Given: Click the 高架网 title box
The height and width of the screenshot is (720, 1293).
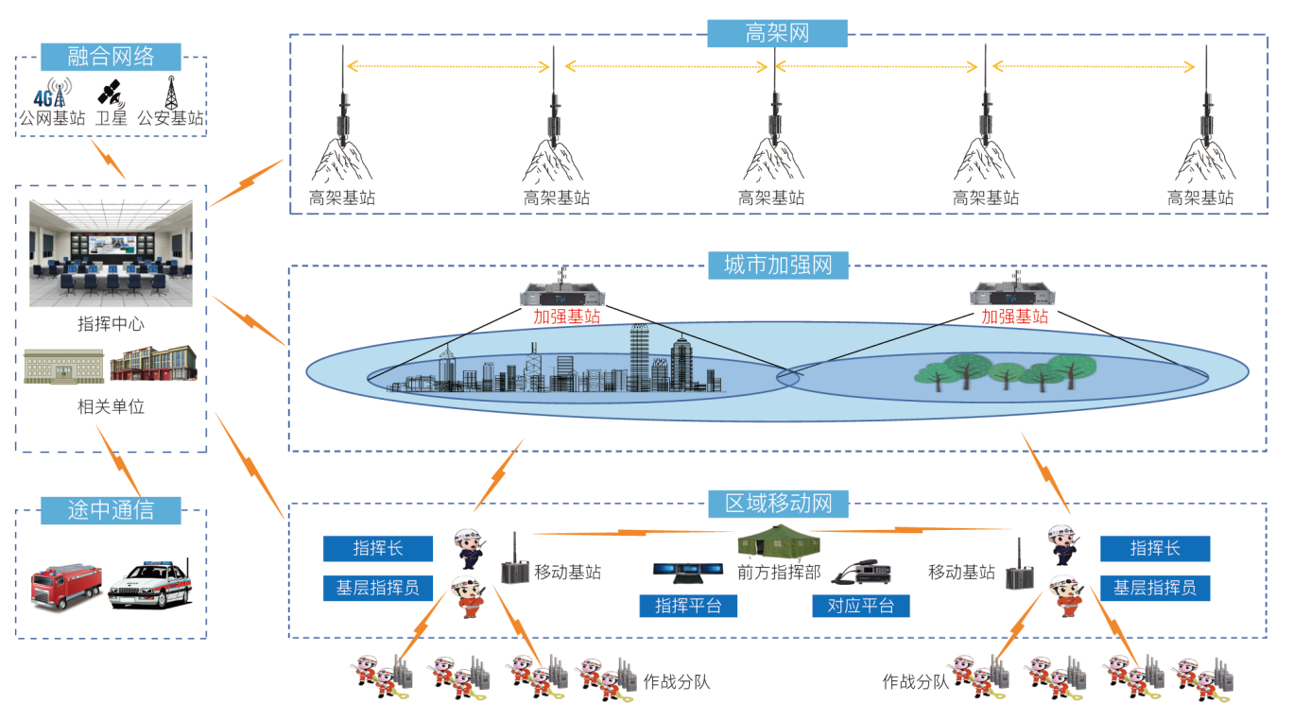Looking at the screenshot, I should [x=777, y=34].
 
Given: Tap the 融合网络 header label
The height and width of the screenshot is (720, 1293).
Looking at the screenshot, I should [x=111, y=56].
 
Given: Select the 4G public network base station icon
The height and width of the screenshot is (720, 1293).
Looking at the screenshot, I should [x=50, y=94].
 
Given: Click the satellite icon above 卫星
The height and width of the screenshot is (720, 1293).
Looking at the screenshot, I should [x=110, y=94].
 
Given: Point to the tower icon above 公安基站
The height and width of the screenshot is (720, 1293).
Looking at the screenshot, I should [x=171, y=93].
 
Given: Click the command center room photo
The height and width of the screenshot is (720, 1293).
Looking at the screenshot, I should [x=111, y=253].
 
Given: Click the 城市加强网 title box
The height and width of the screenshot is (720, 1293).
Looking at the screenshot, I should [x=778, y=265].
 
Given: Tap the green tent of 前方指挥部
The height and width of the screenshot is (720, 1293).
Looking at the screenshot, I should [x=778, y=540].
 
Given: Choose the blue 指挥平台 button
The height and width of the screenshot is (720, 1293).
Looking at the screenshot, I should [x=687, y=606].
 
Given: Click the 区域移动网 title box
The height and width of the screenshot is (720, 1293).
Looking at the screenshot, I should [x=778, y=503].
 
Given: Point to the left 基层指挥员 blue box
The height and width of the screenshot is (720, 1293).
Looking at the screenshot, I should [x=377, y=588].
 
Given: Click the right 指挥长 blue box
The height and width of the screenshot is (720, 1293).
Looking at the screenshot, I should [x=1154, y=548].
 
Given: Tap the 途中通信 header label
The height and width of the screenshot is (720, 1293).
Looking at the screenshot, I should [x=111, y=510].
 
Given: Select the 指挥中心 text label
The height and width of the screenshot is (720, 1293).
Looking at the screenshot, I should [x=111, y=324].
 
